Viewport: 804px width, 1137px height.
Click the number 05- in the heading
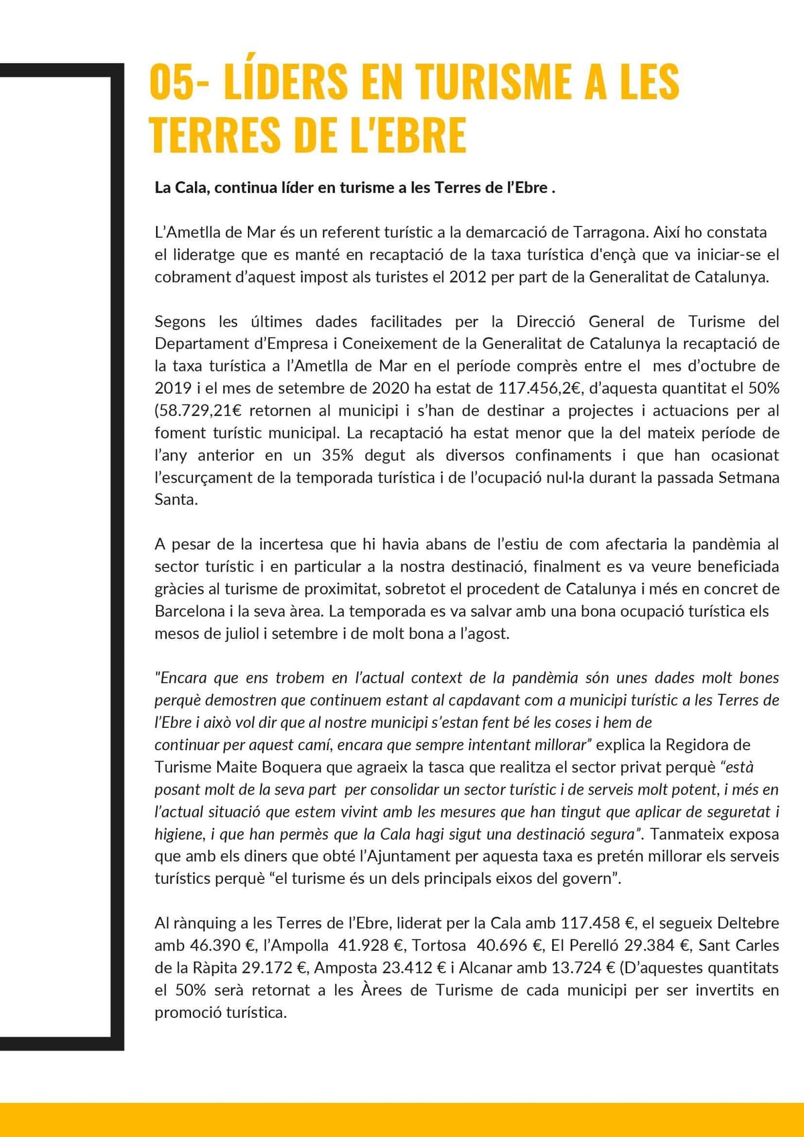tap(178, 82)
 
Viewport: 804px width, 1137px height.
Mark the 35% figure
tap(337, 455)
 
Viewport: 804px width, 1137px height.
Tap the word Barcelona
tap(190, 611)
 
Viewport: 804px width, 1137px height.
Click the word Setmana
tap(749, 477)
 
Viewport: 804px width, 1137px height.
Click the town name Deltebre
tap(748, 923)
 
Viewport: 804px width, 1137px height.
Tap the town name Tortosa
tap(439, 945)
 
